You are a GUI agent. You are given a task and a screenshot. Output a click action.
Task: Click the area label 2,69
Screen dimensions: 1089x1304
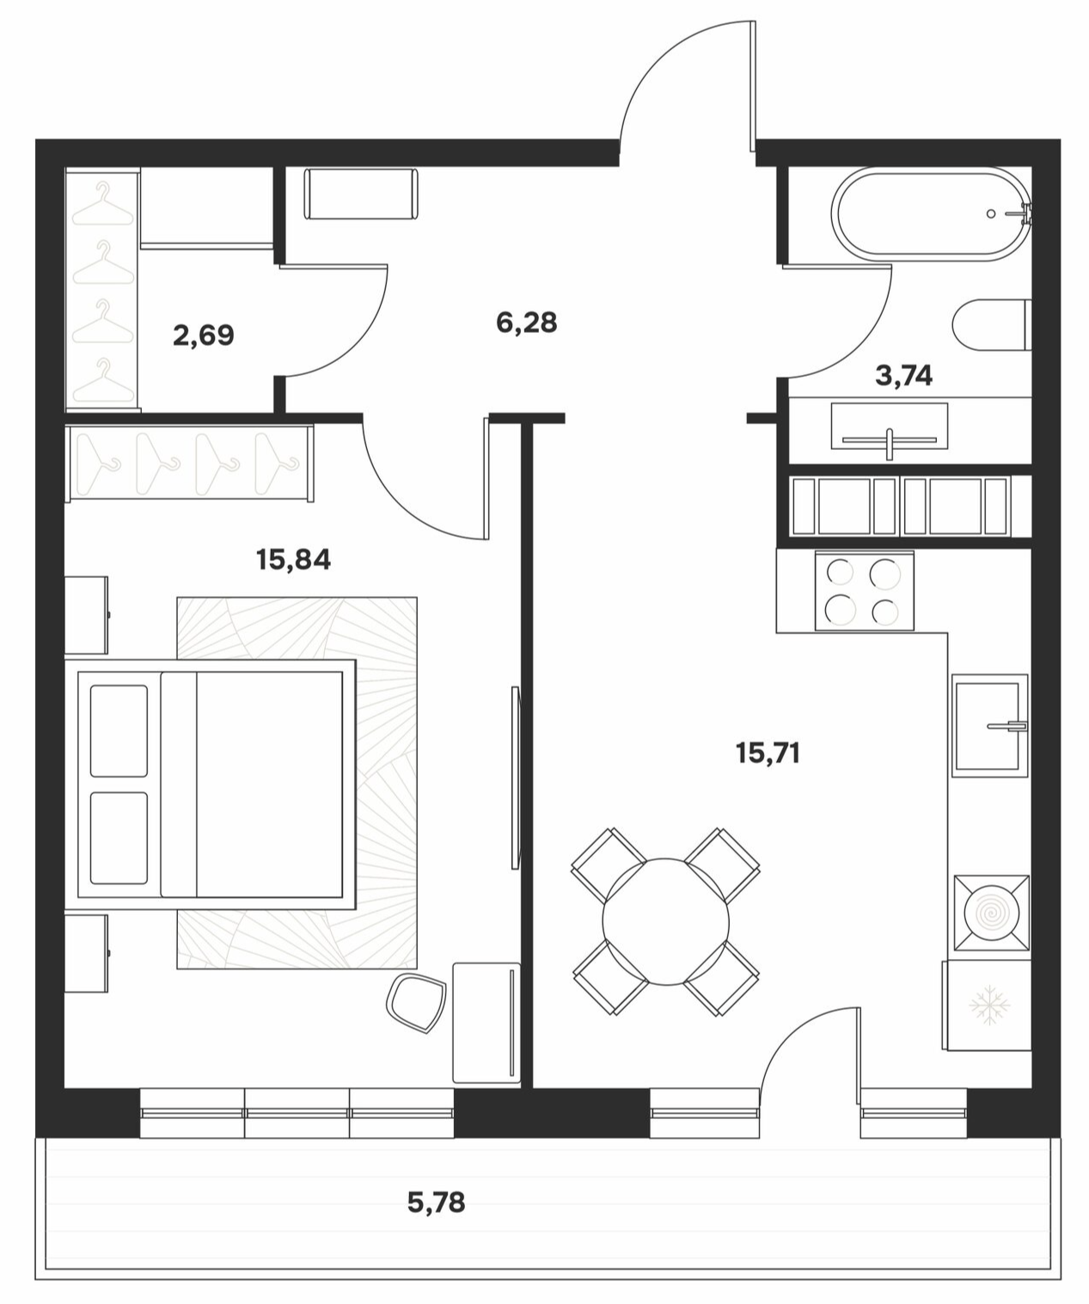click(204, 335)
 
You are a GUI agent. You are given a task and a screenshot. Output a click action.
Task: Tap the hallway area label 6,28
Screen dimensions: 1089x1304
click(526, 323)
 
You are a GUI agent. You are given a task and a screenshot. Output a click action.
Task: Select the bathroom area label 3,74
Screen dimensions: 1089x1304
click(903, 375)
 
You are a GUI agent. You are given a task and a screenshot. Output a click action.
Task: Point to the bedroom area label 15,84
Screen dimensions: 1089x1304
click(293, 560)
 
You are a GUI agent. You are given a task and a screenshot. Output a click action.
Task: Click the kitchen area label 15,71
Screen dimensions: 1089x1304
click(768, 753)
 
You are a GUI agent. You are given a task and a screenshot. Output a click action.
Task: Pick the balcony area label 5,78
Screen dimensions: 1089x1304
click(437, 1202)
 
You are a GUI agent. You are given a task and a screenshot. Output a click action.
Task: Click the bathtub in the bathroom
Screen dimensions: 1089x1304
click(931, 213)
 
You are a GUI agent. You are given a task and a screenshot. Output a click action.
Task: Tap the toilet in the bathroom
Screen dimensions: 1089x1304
click(992, 325)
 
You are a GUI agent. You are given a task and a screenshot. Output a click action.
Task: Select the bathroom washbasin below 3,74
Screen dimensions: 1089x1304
click(890, 426)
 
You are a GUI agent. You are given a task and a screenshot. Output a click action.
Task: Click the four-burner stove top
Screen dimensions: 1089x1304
click(865, 591)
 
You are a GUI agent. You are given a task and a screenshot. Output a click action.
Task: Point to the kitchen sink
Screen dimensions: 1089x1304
click(990, 726)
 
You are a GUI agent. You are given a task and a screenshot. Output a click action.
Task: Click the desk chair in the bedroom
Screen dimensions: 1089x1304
click(417, 1003)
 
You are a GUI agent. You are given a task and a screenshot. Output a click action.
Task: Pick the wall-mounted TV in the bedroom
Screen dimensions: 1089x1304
click(515, 778)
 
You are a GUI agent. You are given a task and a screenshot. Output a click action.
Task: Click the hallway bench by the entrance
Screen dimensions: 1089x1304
click(361, 194)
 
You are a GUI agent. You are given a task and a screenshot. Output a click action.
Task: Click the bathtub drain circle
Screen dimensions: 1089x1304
click(991, 213)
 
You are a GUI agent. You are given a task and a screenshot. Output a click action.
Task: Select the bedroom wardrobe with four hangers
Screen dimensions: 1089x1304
click(189, 462)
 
